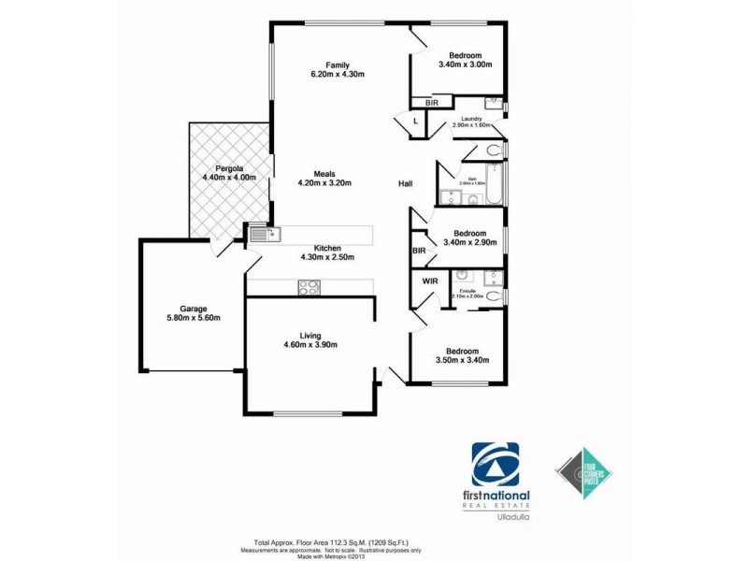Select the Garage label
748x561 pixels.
tap(194, 309)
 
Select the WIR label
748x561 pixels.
tap(430, 280)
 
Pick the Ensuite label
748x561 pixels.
tap(467, 292)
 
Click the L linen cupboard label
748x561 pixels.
tap(414, 120)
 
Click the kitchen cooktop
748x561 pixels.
tap(309, 288)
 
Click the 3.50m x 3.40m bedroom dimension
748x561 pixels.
tap(463, 360)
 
